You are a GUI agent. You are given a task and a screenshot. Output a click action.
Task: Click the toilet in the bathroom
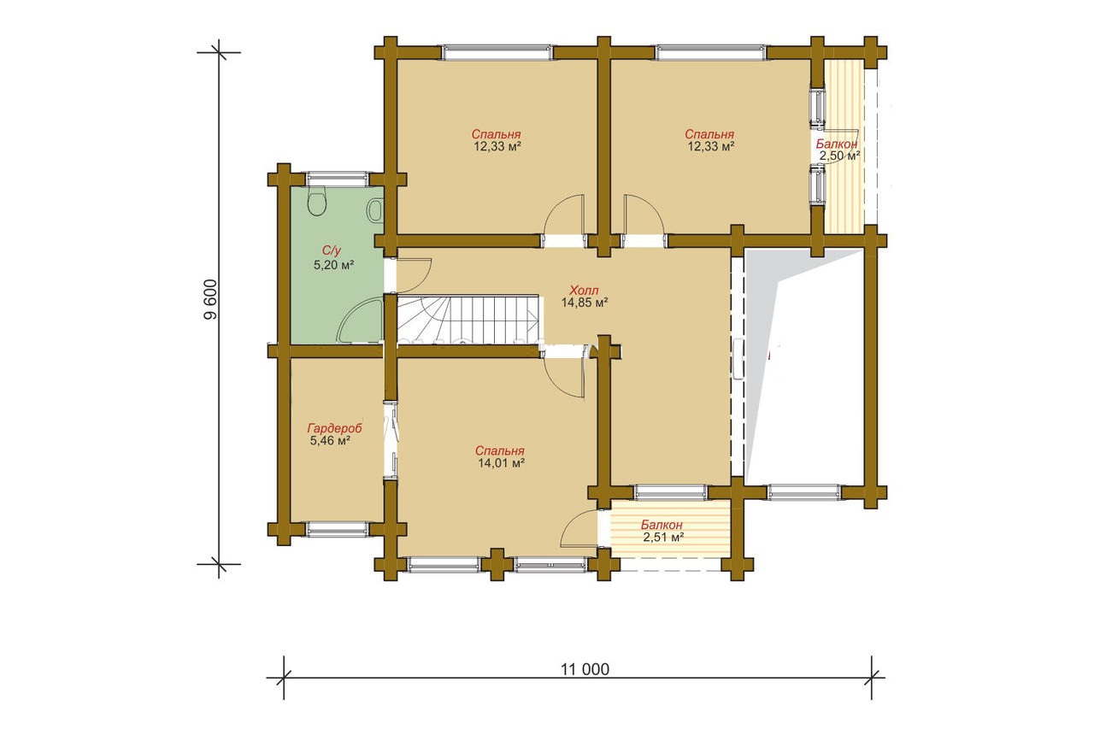point(317,201)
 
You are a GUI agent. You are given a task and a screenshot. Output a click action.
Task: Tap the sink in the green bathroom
point(375,210)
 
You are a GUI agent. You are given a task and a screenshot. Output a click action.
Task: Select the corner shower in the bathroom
point(361,322)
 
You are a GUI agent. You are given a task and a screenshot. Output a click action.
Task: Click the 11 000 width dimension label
point(585,669)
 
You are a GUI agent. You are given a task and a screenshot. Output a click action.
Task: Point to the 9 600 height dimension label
point(210,299)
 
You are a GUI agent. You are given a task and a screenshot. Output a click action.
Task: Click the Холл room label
point(584,290)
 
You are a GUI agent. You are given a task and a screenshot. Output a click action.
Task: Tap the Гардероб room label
point(334,428)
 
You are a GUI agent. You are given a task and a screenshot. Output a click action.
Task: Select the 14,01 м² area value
point(501,463)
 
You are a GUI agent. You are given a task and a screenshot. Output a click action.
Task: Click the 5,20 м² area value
point(333,265)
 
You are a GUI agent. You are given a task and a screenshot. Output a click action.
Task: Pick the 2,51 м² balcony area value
point(663,538)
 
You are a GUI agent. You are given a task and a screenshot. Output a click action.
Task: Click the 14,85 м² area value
point(584,303)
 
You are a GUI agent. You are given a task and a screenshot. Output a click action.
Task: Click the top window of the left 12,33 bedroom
point(497,52)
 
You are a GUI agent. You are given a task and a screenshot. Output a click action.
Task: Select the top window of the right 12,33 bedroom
point(710,52)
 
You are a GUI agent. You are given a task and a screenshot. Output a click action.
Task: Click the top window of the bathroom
point(338,179)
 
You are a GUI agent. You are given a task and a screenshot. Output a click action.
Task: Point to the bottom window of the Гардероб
point(338,529)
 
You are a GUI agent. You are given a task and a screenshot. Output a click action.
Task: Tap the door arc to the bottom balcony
point(579,528)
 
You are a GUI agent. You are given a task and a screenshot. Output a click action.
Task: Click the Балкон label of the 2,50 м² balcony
point(837,144)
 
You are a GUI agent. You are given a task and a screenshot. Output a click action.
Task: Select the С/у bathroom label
point(331,250)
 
